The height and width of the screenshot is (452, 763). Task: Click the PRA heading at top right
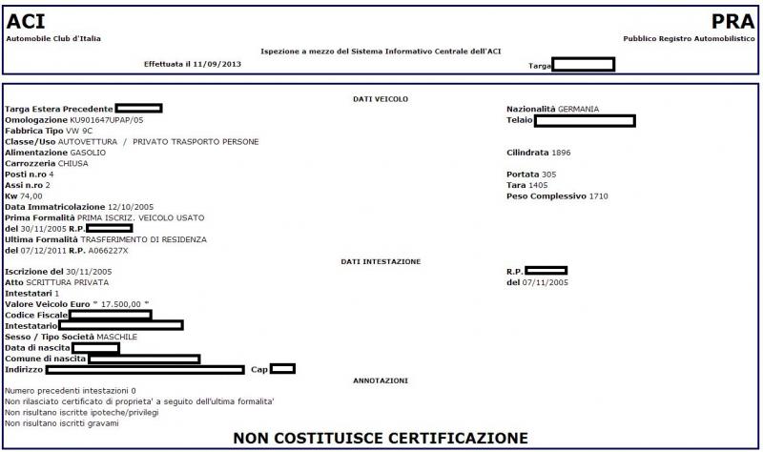point(733,21)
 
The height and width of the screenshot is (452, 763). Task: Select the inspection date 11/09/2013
point(218,64)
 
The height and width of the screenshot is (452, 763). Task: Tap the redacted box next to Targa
point(584,65)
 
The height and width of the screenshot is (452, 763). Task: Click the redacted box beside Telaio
point(585,121)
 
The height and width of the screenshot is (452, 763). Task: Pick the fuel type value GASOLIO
point(89,153)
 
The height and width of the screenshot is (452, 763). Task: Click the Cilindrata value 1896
point(561,153)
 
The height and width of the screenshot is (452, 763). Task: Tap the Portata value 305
point(548,175)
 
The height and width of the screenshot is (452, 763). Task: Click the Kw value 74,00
point(31,196)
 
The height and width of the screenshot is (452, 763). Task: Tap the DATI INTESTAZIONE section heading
point(381,260)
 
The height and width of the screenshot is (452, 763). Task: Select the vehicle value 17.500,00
point(123,304)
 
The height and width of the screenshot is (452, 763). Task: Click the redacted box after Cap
point(282,369)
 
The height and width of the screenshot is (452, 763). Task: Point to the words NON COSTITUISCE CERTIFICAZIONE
point(381,438)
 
